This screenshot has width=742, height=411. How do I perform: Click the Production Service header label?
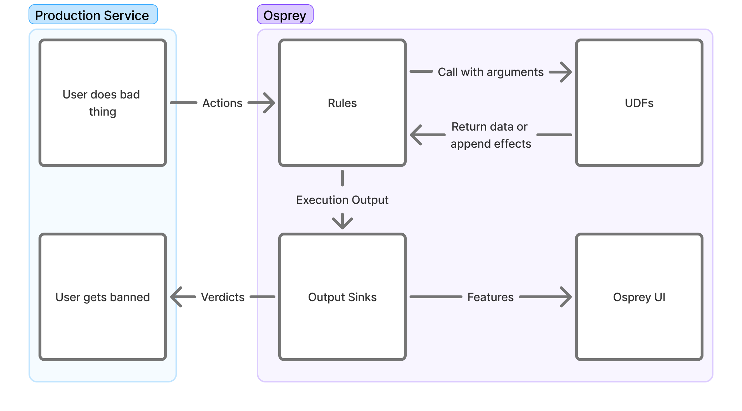92,15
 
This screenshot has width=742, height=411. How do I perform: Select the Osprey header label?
285,15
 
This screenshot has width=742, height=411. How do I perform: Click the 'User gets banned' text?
102,297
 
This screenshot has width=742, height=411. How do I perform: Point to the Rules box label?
342,103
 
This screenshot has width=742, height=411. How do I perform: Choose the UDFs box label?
639,103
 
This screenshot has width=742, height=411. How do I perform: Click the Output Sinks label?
342,297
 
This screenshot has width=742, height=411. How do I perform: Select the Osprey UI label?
639,297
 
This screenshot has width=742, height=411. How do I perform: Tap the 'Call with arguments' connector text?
491,72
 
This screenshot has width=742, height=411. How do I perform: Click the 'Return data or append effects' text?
491,135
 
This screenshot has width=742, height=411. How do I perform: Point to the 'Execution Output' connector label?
342,200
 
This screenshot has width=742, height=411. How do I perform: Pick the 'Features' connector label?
490,297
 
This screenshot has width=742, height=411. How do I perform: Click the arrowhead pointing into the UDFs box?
566,72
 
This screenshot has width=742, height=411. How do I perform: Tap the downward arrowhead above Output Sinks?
342,223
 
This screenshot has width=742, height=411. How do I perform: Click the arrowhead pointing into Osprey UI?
566,297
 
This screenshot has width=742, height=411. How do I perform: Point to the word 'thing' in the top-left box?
102,112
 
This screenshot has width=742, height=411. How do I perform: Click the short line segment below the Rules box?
342,178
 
